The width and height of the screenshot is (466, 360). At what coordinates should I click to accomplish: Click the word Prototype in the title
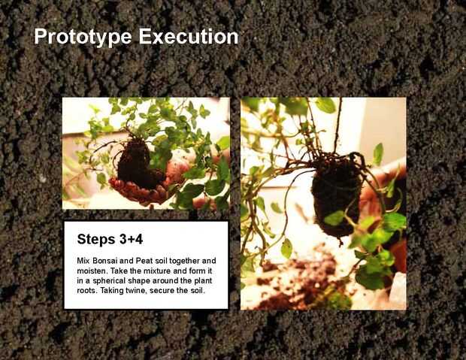pyautogui.click(x=83, y=37)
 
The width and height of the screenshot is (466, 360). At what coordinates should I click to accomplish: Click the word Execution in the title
pyautogui.click(x=189, y=36)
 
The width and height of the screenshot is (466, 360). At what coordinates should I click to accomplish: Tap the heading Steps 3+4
pyautogui.click(x=110, y=239)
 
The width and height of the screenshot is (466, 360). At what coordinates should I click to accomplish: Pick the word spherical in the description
pyautogui.click(x=109, y=281)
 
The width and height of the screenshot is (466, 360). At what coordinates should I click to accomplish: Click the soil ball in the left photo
pyautogui.click(x=137, y=164)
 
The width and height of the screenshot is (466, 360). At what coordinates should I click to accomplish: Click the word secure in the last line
pyautogui.click(x=161, y=290)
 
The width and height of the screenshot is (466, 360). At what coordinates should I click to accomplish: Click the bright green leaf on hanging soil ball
pyautogui.click(x=334, y=218)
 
